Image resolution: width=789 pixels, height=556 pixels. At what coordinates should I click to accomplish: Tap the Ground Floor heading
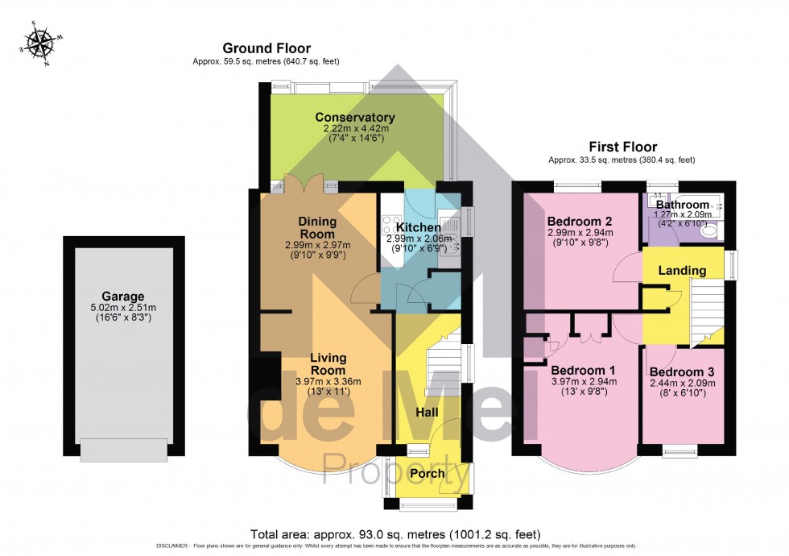click(266, 48)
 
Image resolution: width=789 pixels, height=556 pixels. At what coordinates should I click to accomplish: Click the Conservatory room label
click(354, 118)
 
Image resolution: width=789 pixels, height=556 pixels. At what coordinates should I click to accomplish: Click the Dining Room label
click(316, 227)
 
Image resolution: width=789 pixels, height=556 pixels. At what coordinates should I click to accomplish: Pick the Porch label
click(428, 474)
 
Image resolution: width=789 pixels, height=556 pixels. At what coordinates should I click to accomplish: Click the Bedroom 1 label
click(578, 370)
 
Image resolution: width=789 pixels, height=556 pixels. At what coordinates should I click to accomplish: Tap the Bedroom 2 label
click(580, 222)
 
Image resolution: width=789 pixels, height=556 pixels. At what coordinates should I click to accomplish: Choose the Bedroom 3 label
click(682, 370)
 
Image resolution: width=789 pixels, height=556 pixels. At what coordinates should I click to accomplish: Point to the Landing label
click(682, 271)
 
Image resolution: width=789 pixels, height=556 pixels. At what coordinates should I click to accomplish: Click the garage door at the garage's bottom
click(123, 450)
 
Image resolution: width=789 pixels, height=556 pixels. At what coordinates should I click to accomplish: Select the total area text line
click(394, 534)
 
